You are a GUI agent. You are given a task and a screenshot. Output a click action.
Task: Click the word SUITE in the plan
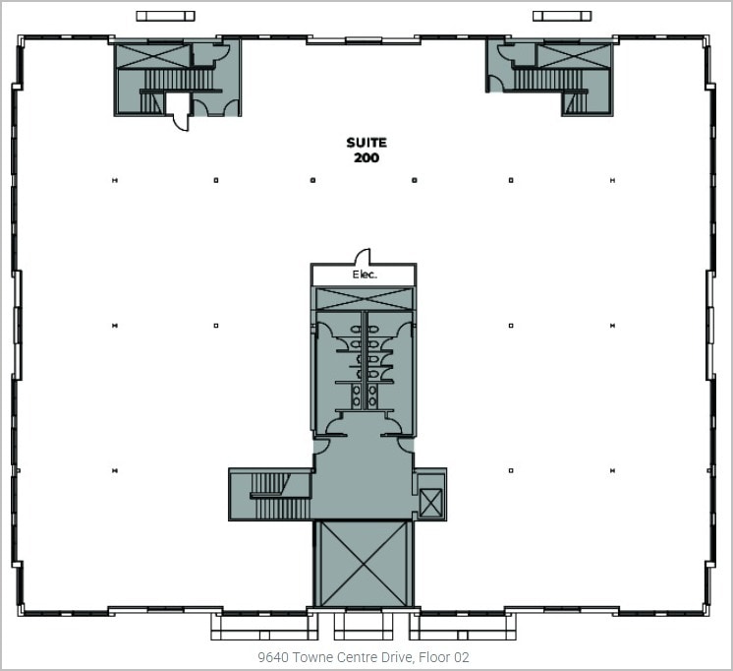[x=366, y=143]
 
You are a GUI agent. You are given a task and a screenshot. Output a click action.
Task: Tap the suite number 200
[x=366, y=157]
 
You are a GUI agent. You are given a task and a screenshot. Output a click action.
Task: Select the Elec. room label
[x=365, y=275]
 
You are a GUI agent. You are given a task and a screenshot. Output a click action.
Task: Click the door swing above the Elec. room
[x=362, y=256]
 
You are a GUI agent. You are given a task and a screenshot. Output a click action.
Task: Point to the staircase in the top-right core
[x=550, y=80]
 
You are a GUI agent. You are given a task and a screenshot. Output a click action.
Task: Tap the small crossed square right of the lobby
[x=430, y=502]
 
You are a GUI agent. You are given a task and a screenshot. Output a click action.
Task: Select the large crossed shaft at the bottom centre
[x=364, y=564]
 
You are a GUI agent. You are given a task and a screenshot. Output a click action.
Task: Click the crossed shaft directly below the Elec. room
[x=364, y=298]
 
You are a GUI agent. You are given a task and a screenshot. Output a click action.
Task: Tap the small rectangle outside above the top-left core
[x=165, y=16]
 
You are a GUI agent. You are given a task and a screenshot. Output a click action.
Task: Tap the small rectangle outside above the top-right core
[x=562, y=16]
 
